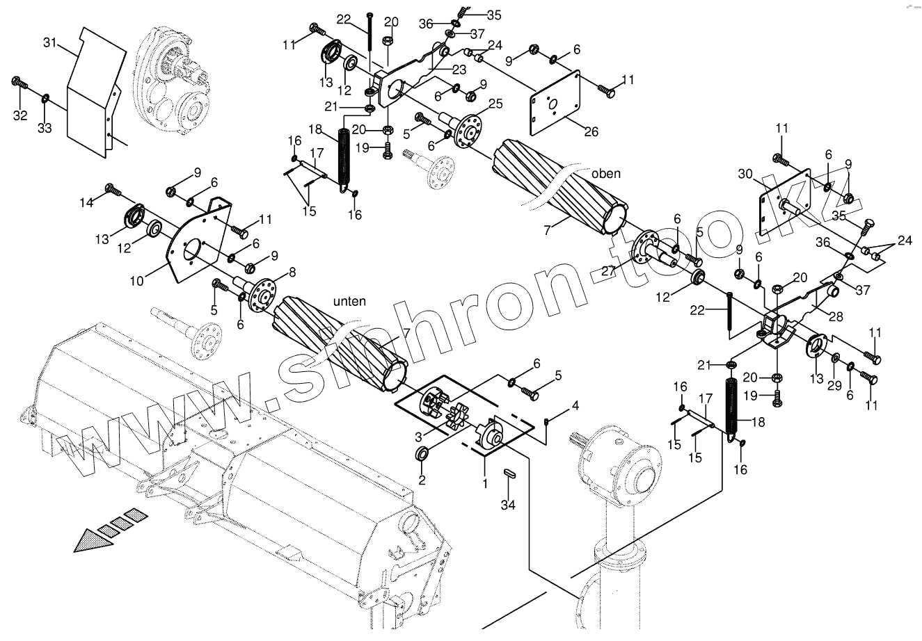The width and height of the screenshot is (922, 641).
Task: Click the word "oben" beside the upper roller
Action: pyautogui.click(x=605, y=174)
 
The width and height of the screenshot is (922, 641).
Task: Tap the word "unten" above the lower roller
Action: pyautogui.click(x=349, y=300)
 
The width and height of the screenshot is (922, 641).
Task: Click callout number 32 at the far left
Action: pyautogui.click(x=19, y=115)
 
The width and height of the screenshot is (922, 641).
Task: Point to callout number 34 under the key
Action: pyautogui.click(x=510, y=505)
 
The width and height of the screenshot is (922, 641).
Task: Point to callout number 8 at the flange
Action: pyautogui.click(x=272, y=273)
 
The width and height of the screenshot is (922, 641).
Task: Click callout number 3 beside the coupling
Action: pyautogui.click(x=418, y=435)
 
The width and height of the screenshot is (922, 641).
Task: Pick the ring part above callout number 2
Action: pyautogui.click(x=421, y=455)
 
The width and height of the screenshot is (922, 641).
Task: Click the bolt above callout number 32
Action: pyautogui.click(x=19, y=84)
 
